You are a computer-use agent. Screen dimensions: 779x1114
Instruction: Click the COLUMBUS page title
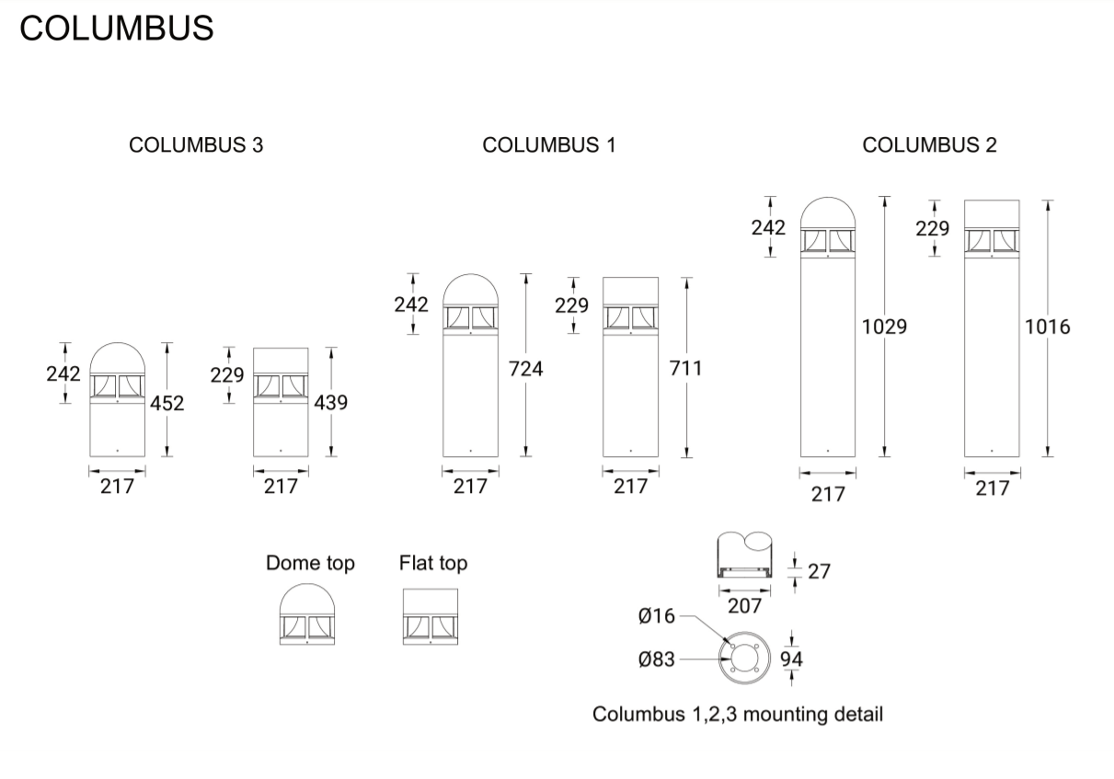[x=116, y=29]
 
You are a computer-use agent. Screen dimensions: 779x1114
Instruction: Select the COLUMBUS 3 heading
[x=196, y=145]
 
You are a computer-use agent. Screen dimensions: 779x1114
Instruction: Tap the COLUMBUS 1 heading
[x=549, y=145]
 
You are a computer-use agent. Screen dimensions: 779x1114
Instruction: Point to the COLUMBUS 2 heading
[x=929, y=145]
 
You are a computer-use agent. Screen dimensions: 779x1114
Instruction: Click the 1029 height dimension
[x=884, y=326]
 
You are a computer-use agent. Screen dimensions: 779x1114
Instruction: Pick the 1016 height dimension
[x=1048, y=326]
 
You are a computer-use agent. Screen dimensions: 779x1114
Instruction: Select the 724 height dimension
[x=526, y=369]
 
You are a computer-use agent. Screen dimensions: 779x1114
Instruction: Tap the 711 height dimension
[x=685, y=369]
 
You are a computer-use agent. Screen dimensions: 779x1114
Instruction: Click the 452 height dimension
[x=167, y=403]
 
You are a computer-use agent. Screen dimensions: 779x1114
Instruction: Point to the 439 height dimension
[x=331, y=403]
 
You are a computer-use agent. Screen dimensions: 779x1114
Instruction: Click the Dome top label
[x=310, y=563]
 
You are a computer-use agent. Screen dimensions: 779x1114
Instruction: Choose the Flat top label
[x=433, y=563]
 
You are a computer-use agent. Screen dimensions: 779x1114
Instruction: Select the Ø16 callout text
[x=657, y=616]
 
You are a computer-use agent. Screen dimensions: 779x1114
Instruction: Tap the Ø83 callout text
[x=657, y=659]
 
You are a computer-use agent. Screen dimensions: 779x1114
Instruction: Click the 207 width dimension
[x=744, y=605]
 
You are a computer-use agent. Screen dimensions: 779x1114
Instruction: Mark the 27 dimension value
[x=819, y=571]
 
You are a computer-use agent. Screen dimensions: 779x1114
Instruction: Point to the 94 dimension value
[x=791, y=659]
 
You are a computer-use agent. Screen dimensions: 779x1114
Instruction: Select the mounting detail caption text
[x=738, y=714]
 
